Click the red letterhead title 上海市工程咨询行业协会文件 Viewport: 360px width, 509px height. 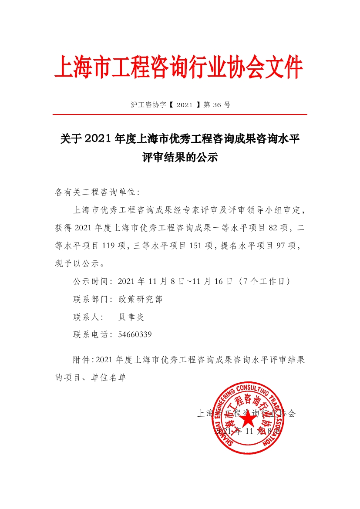(x=178, y=67)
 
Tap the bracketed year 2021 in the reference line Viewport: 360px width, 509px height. (x=185, y=104)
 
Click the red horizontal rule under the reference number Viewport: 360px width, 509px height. (x=180, y=115)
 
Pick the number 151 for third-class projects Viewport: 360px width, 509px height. (x=197, y=246)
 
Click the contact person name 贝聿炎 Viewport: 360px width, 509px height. (x=131, y=317)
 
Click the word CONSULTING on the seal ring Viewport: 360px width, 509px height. (x=261, y=390)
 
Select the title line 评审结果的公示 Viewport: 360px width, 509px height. (x=180, y=158)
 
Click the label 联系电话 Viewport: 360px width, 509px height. (x=92, y=335)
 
